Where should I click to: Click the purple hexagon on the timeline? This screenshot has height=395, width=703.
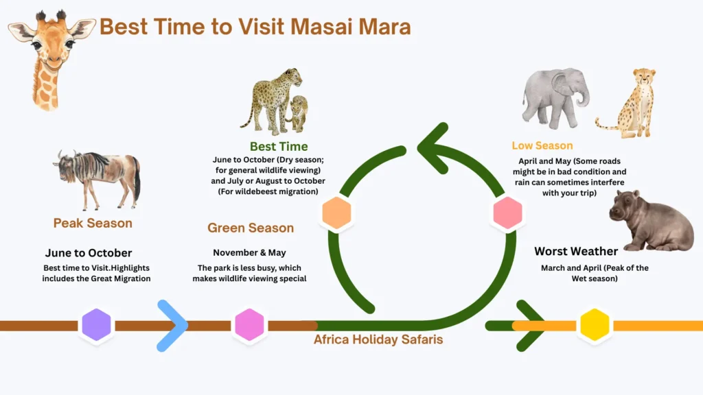click(x=96, y=325)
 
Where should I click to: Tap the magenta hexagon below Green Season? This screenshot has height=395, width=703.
click(x=249, y=325)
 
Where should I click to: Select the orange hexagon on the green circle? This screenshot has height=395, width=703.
click(x=336, y=214)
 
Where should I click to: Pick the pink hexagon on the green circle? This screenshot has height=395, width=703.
click(x=508, y=213)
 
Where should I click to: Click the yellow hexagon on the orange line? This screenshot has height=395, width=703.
click(x=595, y=325)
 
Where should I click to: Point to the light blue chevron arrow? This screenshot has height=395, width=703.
click(x=172, y=325)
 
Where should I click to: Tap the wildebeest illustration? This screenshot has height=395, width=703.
click(x=97, y=178)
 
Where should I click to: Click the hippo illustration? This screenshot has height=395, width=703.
click(x=650, y=221)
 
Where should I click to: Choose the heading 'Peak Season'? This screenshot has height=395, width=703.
click(x=93, y=223)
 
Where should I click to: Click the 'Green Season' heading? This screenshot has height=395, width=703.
click(x=251, y=228)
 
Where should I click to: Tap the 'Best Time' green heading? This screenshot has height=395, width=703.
click(x=279, y=146)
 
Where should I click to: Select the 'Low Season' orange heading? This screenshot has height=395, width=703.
click(x=542, y=145)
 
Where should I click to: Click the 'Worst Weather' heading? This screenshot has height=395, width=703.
click(x=576, y=251)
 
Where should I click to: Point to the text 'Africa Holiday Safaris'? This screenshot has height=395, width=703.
click(x=378, y=339)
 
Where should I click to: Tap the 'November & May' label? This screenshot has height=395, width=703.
click(x=249, y=252)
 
